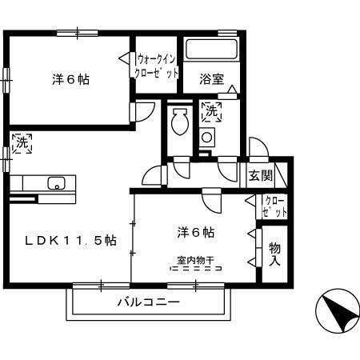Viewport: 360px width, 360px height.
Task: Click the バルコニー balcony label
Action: [x=149, y=303]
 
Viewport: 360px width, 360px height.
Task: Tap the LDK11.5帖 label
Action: [x=70, y=240]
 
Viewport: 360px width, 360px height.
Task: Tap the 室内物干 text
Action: [x=194, y=260]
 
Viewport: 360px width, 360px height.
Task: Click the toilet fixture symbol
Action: [x=178, y=122]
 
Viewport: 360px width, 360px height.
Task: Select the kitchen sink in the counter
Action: [x=55, y=182]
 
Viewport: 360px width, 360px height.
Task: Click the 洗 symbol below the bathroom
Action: [x=211, y=113]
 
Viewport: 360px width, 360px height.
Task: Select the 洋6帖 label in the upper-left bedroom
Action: [x=71, y=79]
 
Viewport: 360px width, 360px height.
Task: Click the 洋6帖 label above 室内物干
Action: [x=195, y=232]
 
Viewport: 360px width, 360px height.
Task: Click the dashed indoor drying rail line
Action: [x=195, y=270]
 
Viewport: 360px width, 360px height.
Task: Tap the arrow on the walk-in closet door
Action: [x=125, y=58]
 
